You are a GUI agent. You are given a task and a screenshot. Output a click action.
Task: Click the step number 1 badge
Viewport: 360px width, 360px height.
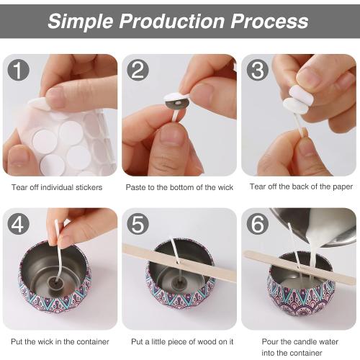click(18, 70)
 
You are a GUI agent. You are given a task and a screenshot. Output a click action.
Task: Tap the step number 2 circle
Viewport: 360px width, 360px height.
click(138, 70)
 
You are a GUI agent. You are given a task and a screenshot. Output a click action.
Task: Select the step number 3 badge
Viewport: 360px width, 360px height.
click(256, 70)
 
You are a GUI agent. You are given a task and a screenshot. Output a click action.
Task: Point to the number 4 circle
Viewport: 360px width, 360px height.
click(18, 224)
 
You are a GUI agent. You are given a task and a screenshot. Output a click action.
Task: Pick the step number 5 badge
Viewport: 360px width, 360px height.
click(138, 224)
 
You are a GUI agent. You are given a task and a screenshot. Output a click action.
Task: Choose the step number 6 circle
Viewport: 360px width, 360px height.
click(256, 224)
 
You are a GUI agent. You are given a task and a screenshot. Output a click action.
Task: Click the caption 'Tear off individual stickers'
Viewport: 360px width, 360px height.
click(57, 187)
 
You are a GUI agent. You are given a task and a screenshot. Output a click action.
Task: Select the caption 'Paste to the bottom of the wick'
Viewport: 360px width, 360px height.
click(180, 187)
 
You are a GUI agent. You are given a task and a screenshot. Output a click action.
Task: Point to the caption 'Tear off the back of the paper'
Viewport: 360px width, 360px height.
click(301, 187)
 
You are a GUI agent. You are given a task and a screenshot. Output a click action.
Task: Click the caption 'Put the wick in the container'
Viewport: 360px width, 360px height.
click(60, 341)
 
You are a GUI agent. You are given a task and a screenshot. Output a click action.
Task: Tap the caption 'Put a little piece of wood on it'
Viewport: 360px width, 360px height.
click(180, 341)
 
